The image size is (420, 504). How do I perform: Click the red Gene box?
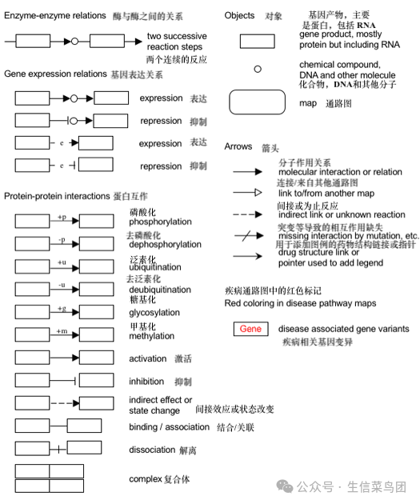pos(250,329)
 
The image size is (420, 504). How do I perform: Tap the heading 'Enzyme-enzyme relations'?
pos(54,15)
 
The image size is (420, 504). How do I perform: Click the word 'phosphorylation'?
pos(158,222)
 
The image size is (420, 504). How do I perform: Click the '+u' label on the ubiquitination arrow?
pos(62,262)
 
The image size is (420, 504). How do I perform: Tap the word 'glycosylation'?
pos(154,313)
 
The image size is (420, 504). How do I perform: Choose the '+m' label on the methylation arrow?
pos(62,331)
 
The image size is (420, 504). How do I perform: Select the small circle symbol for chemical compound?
pos(257,69)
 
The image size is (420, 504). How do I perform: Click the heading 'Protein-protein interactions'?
pos(56,197)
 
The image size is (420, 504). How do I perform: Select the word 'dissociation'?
pos(153,450)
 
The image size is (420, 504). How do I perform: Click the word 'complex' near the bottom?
pos(146,479)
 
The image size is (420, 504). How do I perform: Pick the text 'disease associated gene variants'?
pos(343,329)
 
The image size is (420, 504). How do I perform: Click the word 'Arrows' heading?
pos(239,146)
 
